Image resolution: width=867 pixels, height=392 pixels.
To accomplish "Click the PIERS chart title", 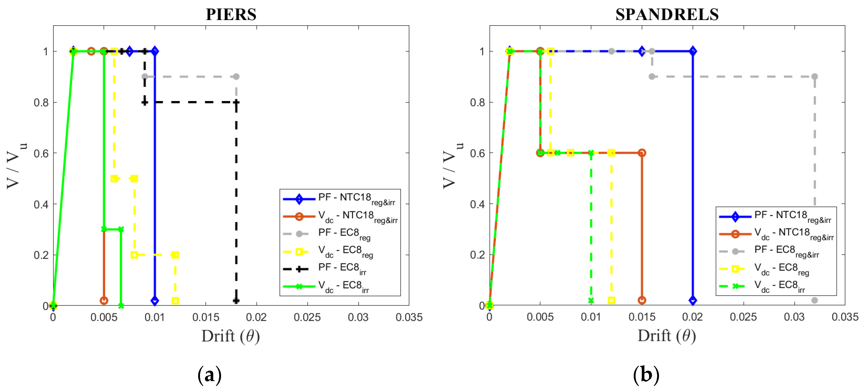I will (x=231, y=15).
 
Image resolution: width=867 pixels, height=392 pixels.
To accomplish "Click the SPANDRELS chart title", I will (x=667, y=15).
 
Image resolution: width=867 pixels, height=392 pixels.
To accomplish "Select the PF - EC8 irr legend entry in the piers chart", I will (x=340, y=269).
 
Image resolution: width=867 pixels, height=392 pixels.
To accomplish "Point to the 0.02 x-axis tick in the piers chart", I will (x=256, y=317).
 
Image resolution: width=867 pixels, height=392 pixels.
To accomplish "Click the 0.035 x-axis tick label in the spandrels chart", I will (x=845, y=317).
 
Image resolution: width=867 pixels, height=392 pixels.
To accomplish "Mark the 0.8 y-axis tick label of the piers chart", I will (x=41, y=102).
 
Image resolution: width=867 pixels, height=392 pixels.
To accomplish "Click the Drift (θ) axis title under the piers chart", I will (x=231, y=336).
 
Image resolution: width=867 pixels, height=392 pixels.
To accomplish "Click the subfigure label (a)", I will (x=209, y=375).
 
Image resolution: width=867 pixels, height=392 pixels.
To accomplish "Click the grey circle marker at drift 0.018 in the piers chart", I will (x=236, y=77).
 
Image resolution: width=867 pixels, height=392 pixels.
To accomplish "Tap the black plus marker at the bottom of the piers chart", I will (x=236, y=300).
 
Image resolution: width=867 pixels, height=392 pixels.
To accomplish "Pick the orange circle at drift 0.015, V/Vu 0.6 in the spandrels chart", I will (x=642, y=153).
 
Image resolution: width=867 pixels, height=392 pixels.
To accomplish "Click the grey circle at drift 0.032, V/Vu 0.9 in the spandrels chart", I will (x=814, y=77).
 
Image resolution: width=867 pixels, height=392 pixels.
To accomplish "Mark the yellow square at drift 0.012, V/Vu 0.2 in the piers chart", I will (x=175, y=255).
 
